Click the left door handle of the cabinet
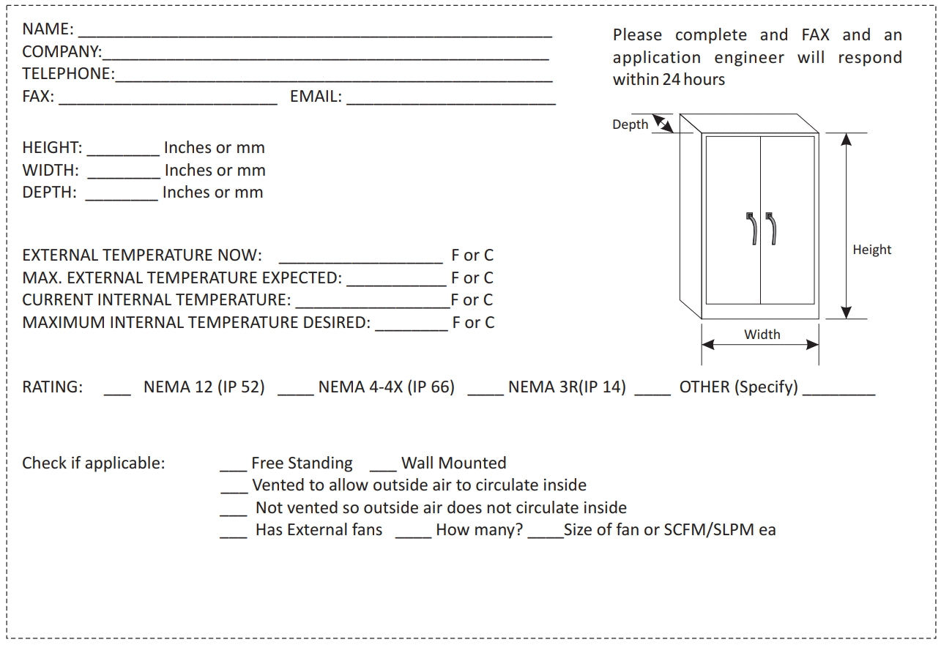[x=751, y=228]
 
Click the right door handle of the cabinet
[x=770, y=228]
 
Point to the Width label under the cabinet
[x=762, y=335]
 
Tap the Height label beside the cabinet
[x=871, y=250]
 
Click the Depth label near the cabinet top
[x=630, y=124]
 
